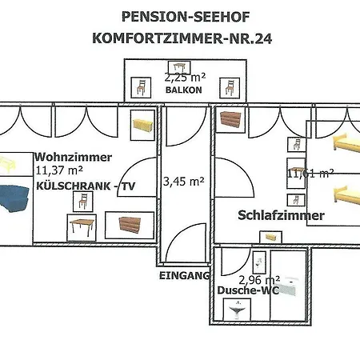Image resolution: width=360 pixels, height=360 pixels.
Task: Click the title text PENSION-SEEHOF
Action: [x=182, y=16]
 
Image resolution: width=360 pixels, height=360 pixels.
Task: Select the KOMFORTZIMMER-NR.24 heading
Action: [x=182, y=37]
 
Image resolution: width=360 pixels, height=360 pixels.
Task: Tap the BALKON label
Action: [x=182, y=91]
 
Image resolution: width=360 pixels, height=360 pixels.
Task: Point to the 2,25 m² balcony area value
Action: [x=186, y=78]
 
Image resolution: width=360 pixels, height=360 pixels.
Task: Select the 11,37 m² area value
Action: [x=60, y=170]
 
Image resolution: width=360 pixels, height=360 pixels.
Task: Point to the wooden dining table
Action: [x=82, y=228]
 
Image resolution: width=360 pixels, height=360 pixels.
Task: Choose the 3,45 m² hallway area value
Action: [x=183, y=182]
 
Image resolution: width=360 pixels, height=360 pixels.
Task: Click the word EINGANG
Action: [x=183, y=275]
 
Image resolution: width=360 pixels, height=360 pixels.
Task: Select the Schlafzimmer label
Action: [x=281, y=215]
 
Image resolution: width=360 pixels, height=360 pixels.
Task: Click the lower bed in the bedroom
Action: [x=344, y=193]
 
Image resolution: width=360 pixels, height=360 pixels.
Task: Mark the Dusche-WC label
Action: [x=247, y=291]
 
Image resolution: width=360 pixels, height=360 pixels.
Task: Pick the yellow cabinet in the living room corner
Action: [x=142, y=124]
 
